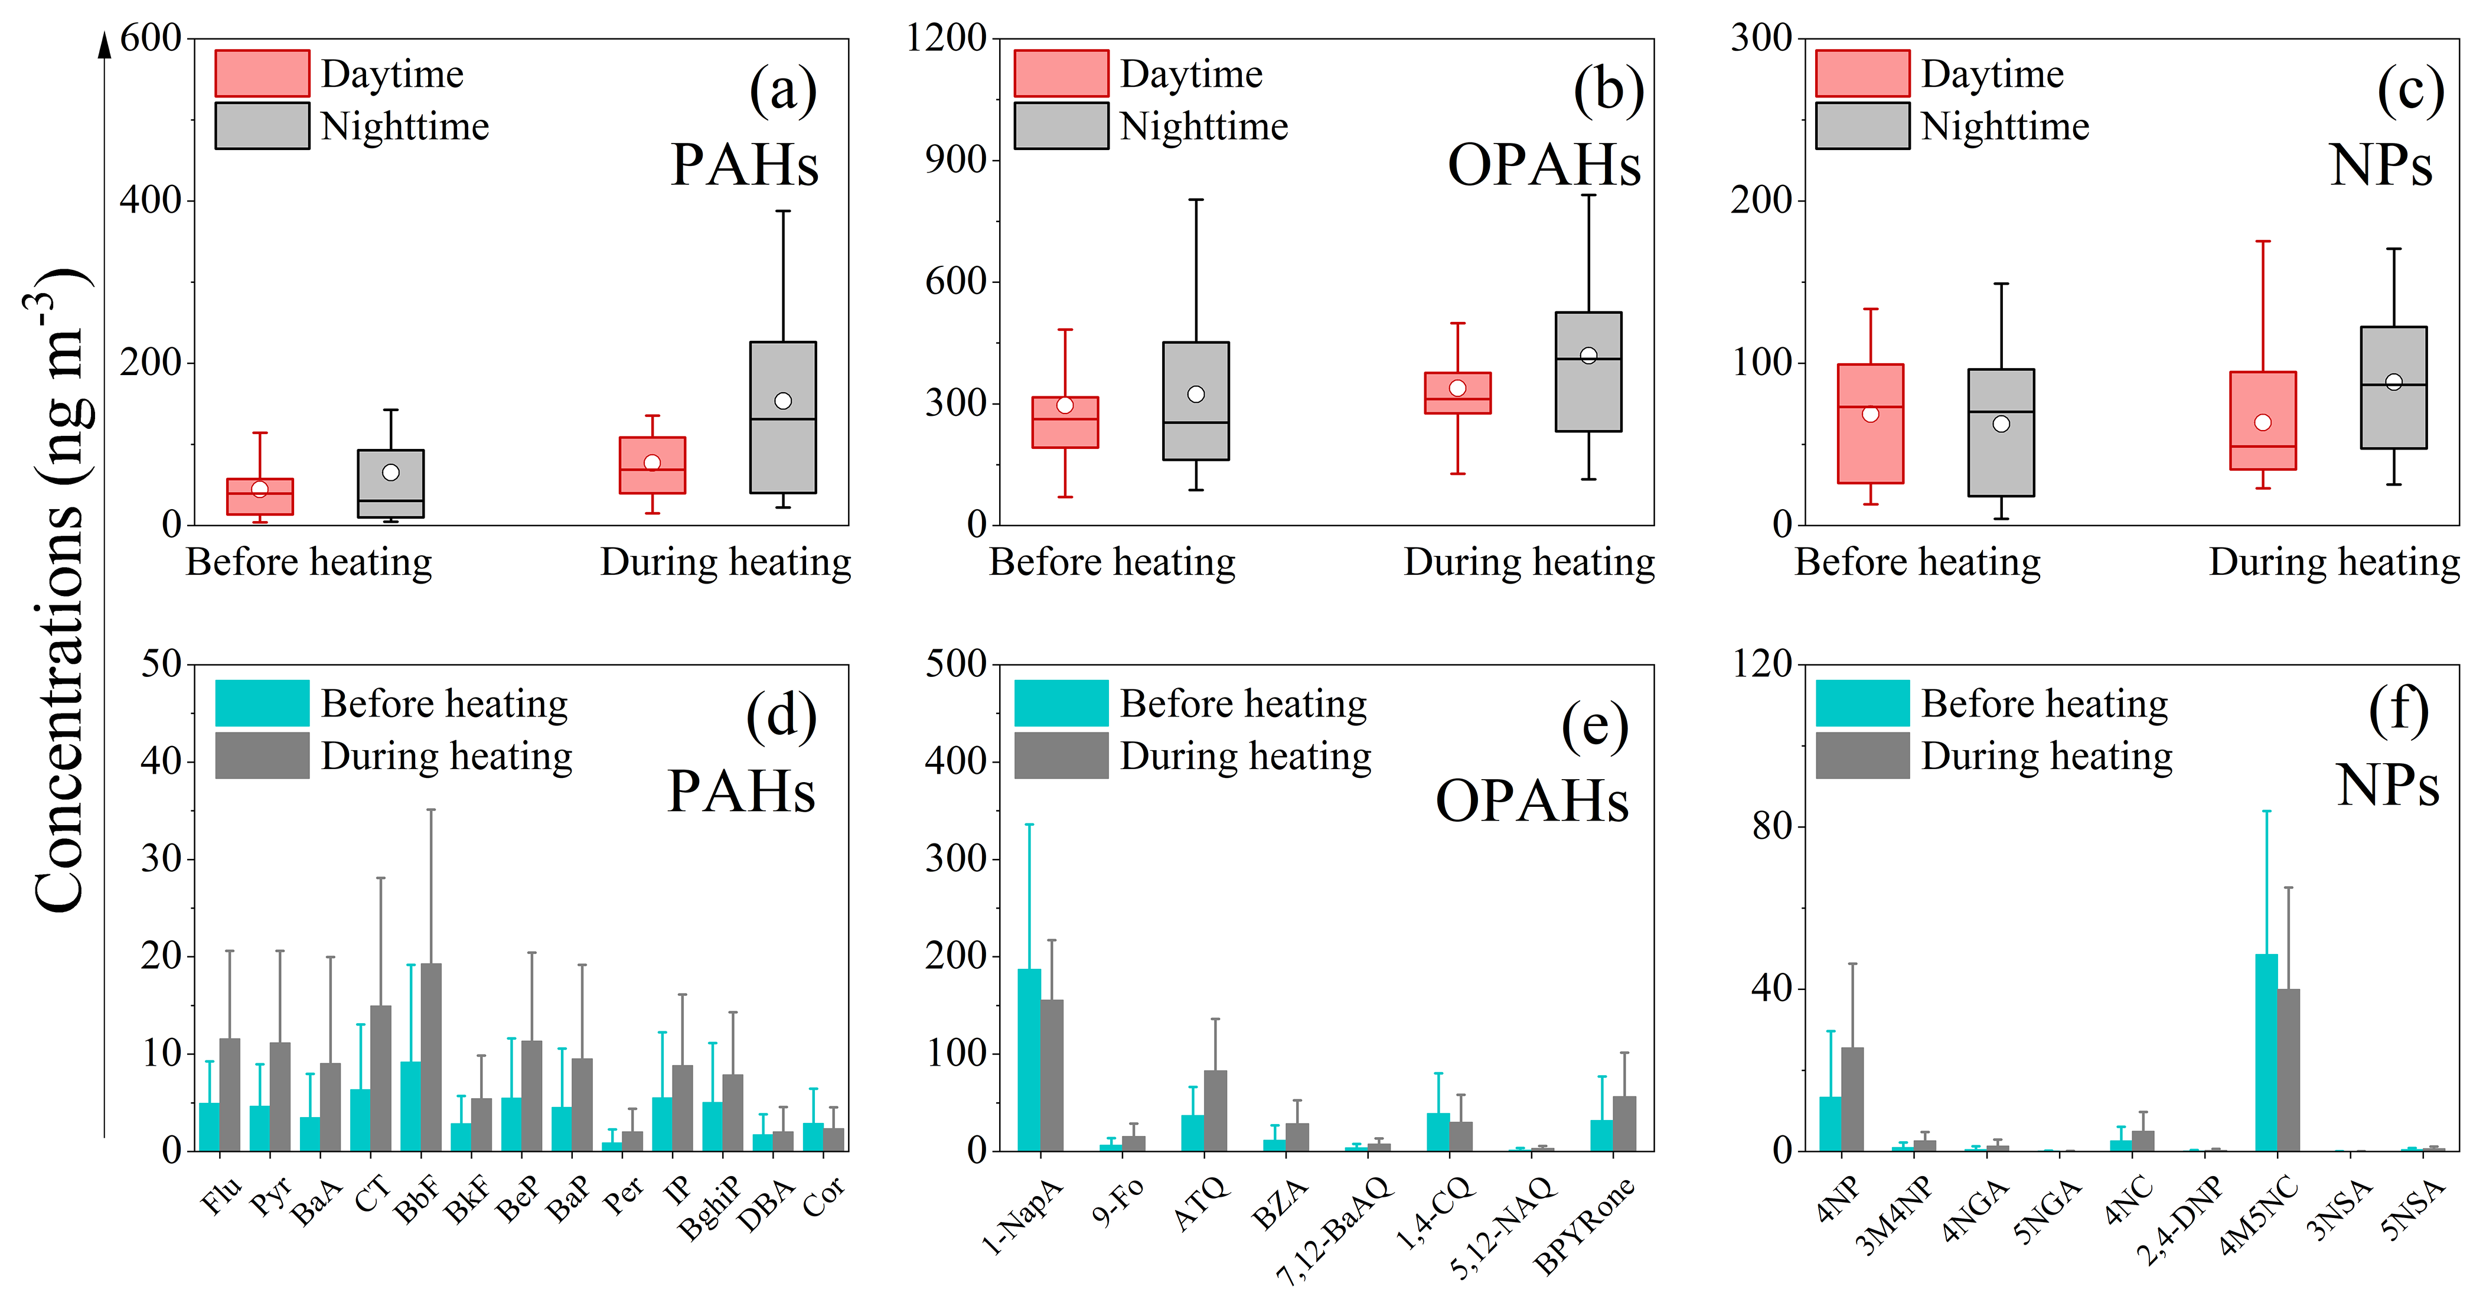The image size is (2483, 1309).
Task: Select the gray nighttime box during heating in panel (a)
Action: (x=782, y=418)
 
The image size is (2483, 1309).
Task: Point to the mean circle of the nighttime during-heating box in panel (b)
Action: (x=1588, y=356)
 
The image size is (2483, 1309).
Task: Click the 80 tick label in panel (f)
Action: (x=1771, y=826)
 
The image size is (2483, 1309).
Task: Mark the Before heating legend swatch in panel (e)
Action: (x=1061, y=704)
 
